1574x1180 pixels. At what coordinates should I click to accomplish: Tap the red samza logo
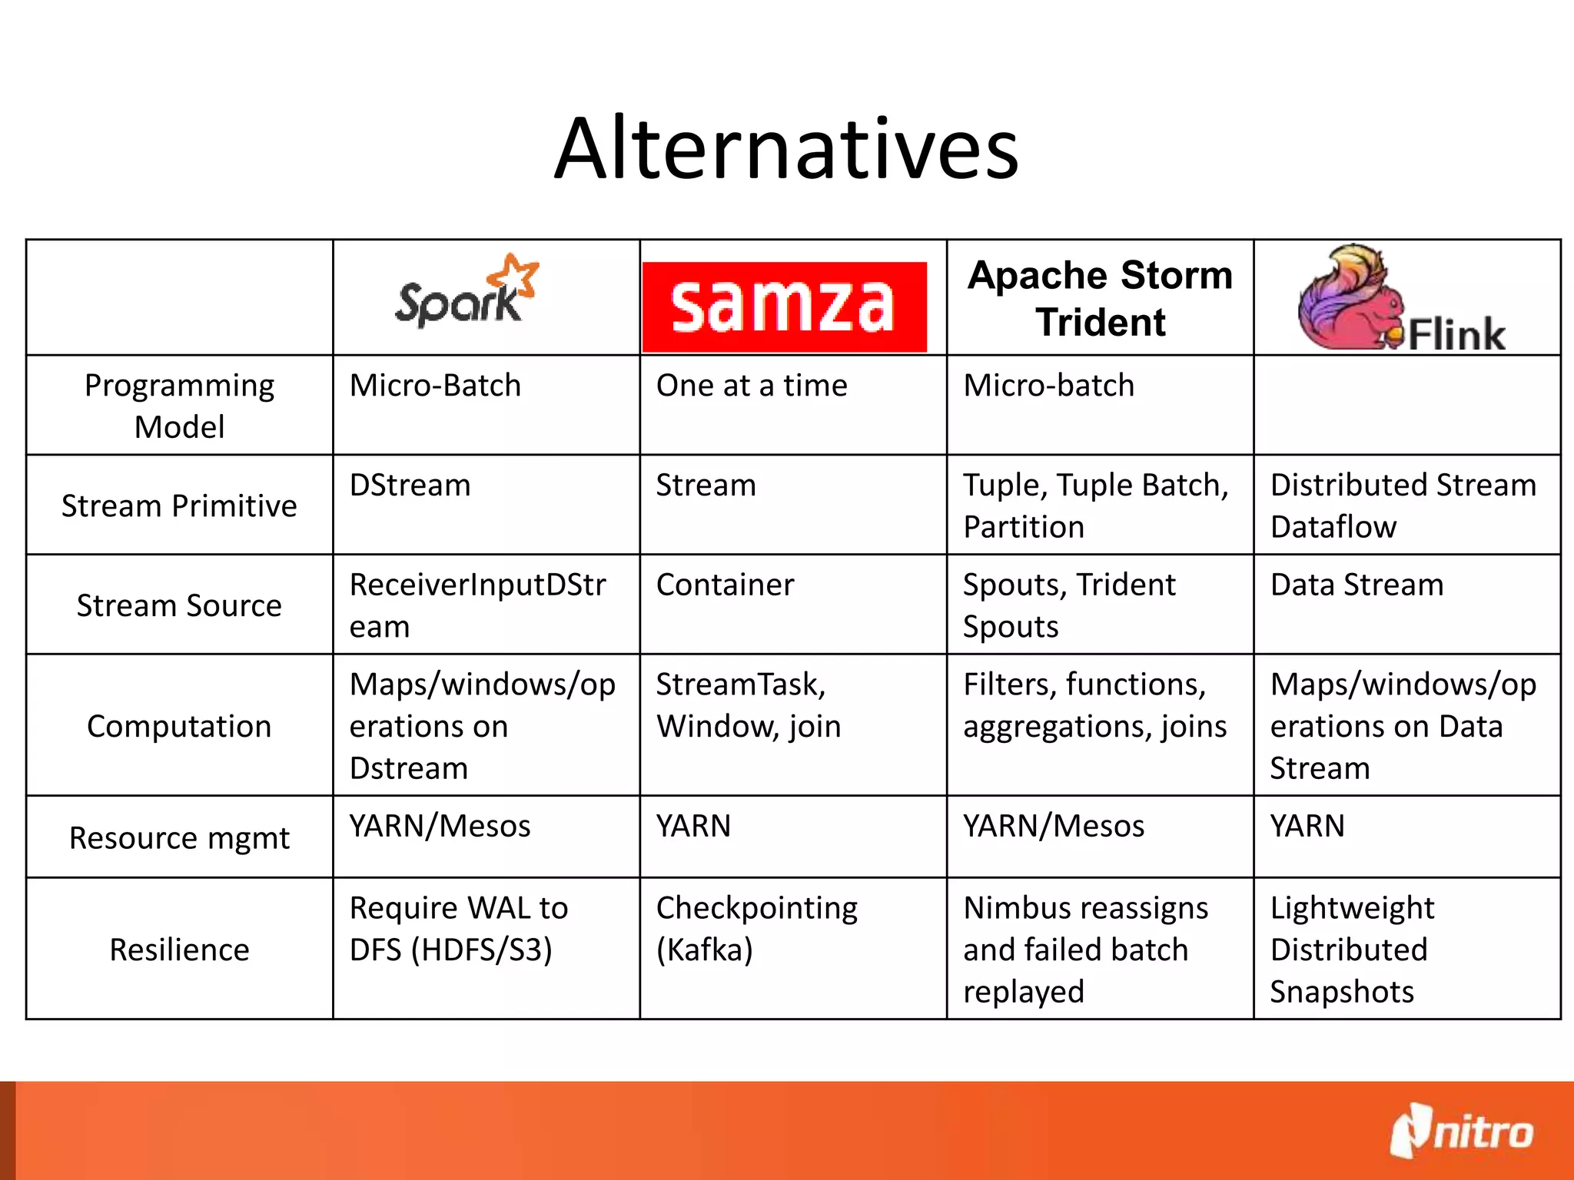[784, 307]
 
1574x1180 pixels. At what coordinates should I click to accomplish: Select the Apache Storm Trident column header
[1100, 298]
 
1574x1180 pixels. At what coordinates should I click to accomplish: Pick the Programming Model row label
[179, 406]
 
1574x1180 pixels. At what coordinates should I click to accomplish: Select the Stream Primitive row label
[179, 505]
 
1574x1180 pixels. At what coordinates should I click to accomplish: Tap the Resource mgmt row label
[179, 837]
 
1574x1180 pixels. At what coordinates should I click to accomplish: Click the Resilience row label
[179, 950]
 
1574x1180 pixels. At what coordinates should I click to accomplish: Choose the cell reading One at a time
[752, 386]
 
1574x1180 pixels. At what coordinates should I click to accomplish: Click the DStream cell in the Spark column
[410, 486]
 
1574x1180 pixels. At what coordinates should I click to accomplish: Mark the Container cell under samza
[725, 585]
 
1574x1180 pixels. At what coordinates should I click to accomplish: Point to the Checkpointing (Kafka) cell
[756, 929]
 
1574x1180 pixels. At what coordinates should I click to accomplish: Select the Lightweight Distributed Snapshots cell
[1351, 950]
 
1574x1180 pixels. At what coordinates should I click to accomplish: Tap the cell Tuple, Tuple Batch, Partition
[1095, 505]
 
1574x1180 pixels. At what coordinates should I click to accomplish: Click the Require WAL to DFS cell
[458, 929]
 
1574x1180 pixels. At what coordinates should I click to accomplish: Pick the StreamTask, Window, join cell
[748, 705]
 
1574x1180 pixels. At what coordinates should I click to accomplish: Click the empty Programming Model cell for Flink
[1406, 406]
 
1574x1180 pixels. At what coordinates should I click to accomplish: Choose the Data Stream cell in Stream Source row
[1356, 585]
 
